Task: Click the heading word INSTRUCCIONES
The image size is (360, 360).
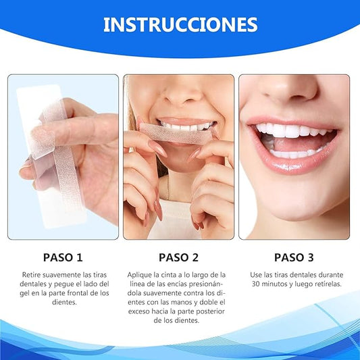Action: point(180,25)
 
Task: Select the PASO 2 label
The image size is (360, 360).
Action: point(179,257)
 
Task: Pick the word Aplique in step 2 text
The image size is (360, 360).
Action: point(141,275)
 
